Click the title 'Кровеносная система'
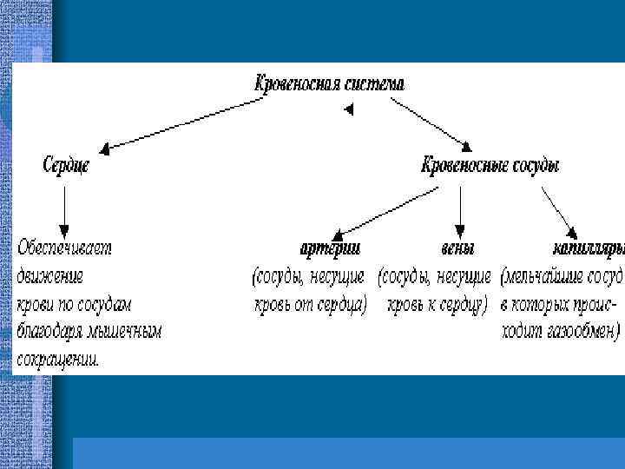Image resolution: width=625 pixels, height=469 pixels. [329, 84]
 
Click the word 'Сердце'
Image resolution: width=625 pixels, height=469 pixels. [66, 164]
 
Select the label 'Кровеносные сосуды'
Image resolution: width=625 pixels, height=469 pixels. [490, 164]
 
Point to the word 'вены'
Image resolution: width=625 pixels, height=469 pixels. [457, 248]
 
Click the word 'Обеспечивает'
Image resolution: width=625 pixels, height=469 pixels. [65, 248]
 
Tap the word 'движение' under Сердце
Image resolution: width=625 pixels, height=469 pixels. [50, 276]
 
